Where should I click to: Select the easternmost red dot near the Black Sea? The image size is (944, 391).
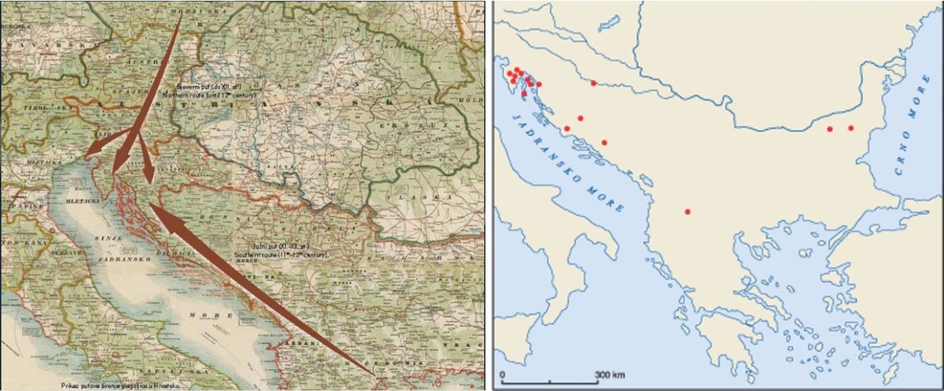pos(850,127)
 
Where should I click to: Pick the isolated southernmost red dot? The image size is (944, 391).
pos(688,212)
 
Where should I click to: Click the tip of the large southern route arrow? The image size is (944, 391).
pos(149,207)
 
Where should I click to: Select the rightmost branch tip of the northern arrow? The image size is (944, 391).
pos(149,183)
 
